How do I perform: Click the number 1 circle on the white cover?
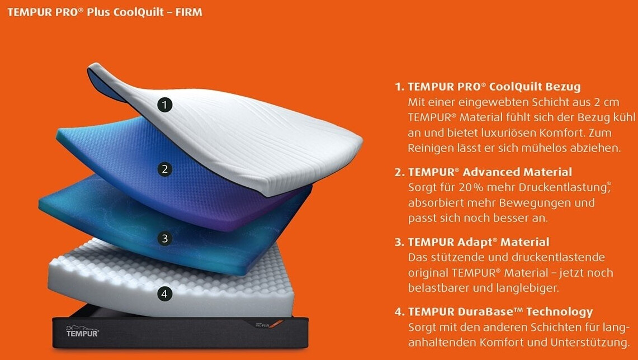(x=164, y=105)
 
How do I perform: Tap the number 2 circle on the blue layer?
(x=164, y=169)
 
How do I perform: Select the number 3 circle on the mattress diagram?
(x=164, y=238)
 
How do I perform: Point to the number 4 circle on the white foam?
(x=164, y=293)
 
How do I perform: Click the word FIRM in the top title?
(x=188, y=12)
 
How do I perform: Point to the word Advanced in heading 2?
(x=490, y=172)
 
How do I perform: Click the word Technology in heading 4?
(x=560, y=312)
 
